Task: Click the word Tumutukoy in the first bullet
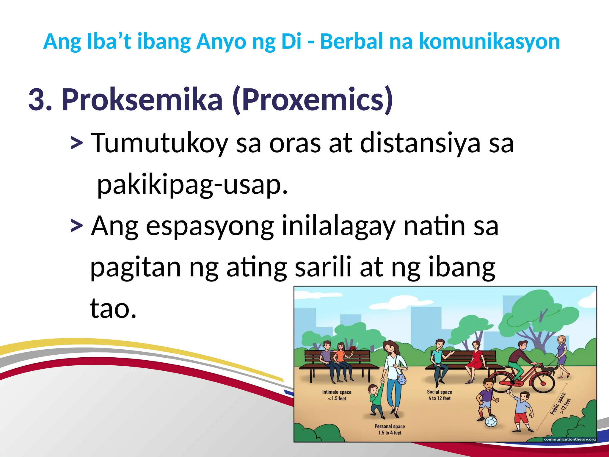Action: (x=159, y=143)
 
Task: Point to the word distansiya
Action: (x=420, y=143)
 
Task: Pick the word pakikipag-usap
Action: (x=193, y=184)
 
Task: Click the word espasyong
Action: (x=210, y=226)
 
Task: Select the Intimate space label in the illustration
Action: (x=337, y=395)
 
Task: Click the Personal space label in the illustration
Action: (x=390, y=429)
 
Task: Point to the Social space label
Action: (x=439, y=395)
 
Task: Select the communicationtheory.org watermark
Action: (x=569, y=439)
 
